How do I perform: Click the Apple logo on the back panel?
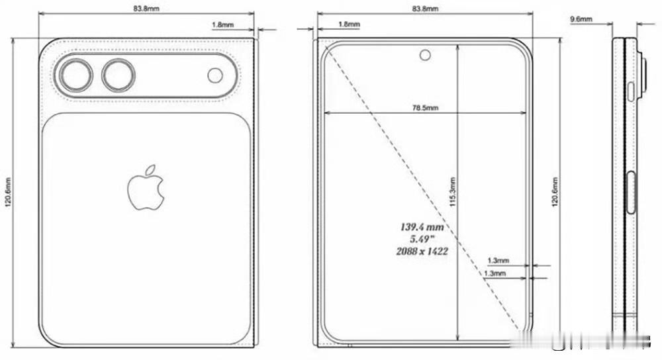(145, 189)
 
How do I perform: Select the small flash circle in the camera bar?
(215, 75)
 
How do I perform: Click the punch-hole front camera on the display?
(424, 54)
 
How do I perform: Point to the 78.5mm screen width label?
(424, 107)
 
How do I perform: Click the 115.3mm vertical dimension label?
(453, 192)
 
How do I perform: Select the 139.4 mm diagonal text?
(421, 227)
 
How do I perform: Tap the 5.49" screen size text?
(420, 239)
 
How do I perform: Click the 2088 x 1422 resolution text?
(420, 251)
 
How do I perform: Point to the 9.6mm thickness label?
(581, 20)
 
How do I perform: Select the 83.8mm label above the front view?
(424, 9)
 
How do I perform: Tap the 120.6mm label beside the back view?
(8, 192)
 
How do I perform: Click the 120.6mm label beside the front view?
(554, 192)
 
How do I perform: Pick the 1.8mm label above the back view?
(222, 25)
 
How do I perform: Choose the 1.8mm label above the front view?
(349, 25)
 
